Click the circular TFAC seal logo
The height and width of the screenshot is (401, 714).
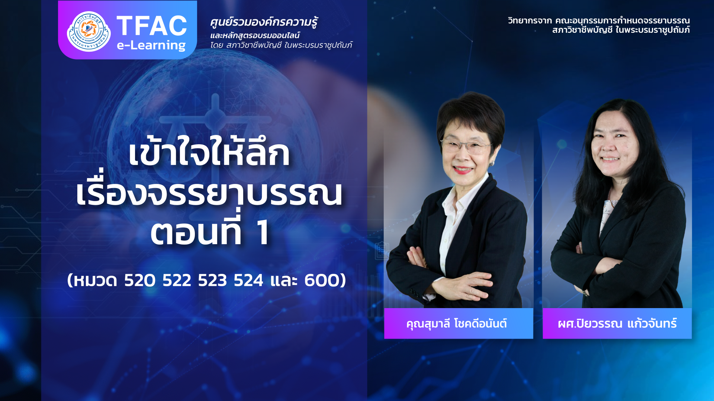click(x=89, y=31)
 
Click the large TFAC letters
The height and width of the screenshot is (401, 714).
click(x=152, y=26)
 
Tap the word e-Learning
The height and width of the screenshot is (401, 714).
click(x=151, y=45)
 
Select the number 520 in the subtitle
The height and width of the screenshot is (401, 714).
click(x=140, y=280)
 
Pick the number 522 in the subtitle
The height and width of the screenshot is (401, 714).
click(x=177, y=280)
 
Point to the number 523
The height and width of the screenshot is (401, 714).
click(x=212, y=280)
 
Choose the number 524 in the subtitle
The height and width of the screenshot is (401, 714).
click(x=248, y=280)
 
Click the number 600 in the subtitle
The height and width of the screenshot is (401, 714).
click(x=321, y=280)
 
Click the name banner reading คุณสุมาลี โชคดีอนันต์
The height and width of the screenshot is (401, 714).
click(x=459, y=323)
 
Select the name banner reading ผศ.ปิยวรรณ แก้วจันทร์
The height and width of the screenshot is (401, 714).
click(x=617, y=323)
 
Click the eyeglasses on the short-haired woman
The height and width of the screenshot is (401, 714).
click(x=466, y=146)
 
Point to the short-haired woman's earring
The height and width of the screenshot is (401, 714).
click(x=492, y=163)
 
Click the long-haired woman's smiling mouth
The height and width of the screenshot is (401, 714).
click(x=611, y=159)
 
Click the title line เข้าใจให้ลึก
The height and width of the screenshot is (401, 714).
click(x=209, y=152)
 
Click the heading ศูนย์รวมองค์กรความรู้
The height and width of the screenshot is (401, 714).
click(x=264, y=22)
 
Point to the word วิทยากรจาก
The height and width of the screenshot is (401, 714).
click(x=530, y=20)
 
